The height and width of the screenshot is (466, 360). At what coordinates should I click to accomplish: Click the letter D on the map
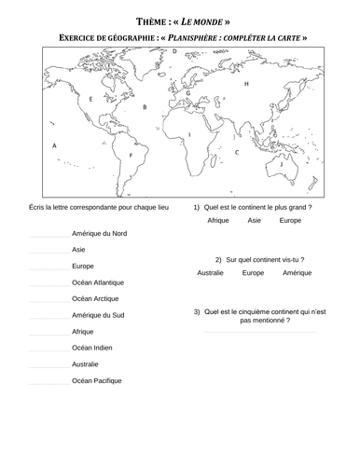pos(174,52)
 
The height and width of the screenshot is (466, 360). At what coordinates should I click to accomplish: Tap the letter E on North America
pos(90,98)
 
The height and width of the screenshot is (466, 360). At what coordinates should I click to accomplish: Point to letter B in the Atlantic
pos(145,107)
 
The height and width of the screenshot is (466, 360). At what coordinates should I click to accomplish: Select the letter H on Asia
pos(246,84)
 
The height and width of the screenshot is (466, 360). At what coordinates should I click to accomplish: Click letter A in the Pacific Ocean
pos(55,146)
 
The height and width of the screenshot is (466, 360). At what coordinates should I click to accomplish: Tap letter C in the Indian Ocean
pos(237,151)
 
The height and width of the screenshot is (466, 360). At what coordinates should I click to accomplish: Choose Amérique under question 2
pos(298,273)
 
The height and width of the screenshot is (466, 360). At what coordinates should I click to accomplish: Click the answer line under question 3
pos(259,333)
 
